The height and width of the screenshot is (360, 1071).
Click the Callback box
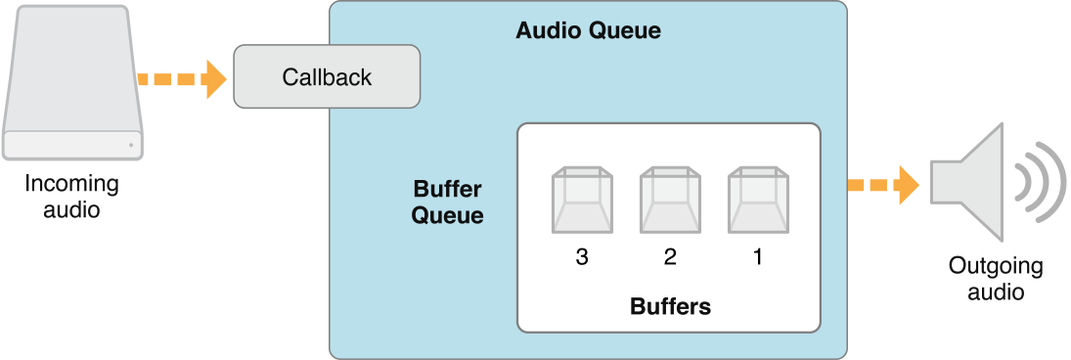327,76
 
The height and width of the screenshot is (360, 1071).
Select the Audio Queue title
588,30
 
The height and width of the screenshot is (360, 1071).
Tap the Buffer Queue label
447,202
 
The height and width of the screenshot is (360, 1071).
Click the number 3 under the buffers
582,257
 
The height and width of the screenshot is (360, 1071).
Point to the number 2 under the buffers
670,257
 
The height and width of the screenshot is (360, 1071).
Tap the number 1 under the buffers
758,257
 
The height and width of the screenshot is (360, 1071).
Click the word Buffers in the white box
670,306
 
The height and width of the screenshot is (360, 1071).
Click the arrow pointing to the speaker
882,184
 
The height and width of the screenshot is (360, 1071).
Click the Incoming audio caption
71,196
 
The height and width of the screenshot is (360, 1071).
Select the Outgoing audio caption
996,279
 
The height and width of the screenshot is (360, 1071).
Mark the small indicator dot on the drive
129,147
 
